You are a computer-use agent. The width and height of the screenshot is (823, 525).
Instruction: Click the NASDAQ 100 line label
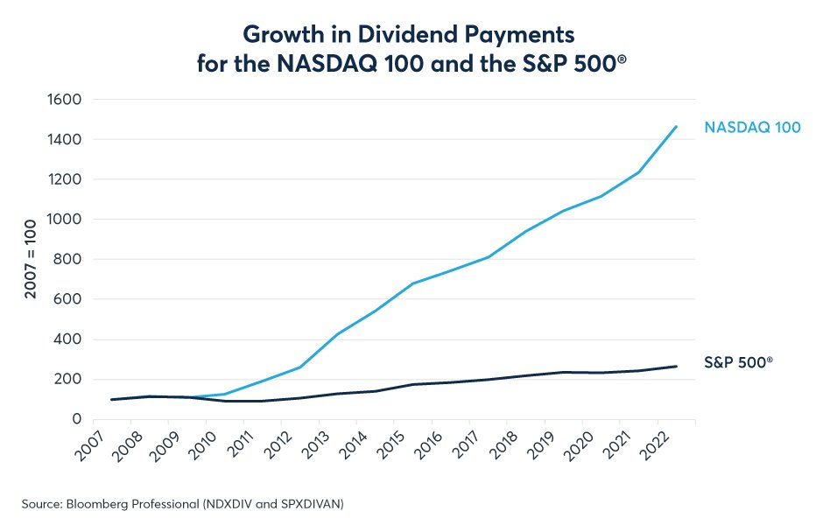752,128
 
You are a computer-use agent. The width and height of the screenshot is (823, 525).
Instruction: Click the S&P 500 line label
738,361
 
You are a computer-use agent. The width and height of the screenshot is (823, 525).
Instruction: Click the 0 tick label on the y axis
77,419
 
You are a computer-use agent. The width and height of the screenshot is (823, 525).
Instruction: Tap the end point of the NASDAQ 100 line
677,126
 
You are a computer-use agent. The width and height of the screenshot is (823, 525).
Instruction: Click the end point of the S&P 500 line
677,366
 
